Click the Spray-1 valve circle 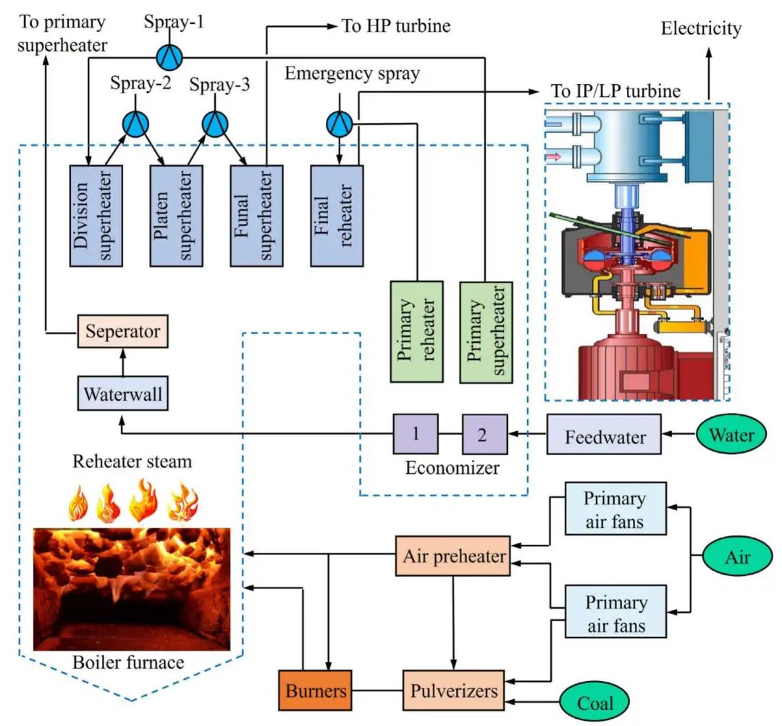pos(169,54)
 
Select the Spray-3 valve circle pos(215,124)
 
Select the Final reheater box pos(337,215)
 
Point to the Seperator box pos(122,333)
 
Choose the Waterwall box pos(122,396)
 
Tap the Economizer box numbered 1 pos(416,434)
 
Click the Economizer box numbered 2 pos(485,434)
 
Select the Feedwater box pos(603,437)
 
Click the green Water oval pos(731,436)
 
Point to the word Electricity pos(702,29)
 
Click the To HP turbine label pos(396,27)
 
